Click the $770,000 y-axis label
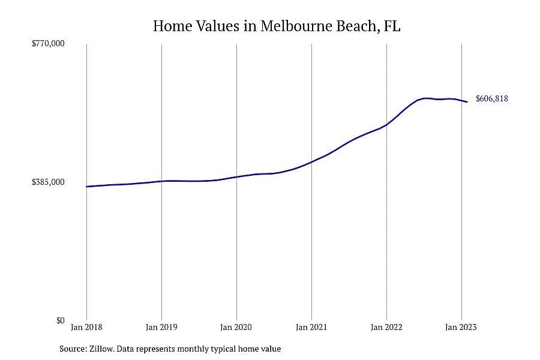(x=48, y=43)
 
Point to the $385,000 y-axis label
(x=48, y=182)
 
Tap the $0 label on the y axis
(x=60, y=320)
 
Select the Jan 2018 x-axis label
(x=86, y=327)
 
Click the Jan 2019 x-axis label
(x=161, y=327)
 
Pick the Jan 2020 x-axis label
(x=236, y=327)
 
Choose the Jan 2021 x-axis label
(x=311, y=327)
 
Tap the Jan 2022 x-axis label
(x=386, y=327)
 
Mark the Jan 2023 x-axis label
(x=461, y=327)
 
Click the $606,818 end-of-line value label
(x=492, y=99)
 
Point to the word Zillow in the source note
(x=101, y=349)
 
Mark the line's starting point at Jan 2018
(x=86, y=187)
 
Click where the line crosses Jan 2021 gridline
(x=311, y=161)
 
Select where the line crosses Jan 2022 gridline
(x=387, y=125)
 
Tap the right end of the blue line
(x=467, y=101)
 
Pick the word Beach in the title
(x=358, y=26)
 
